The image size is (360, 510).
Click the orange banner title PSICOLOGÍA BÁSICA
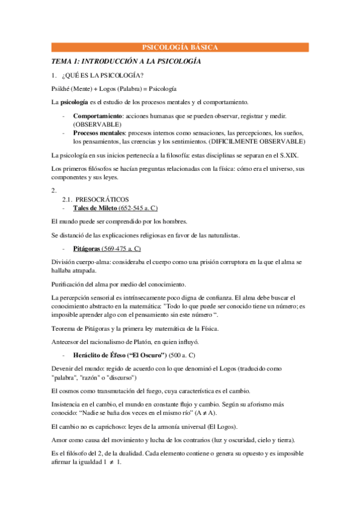point(179,48)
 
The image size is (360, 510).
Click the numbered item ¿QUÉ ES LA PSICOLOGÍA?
point(105,75)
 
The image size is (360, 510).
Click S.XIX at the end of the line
point(276,156)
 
